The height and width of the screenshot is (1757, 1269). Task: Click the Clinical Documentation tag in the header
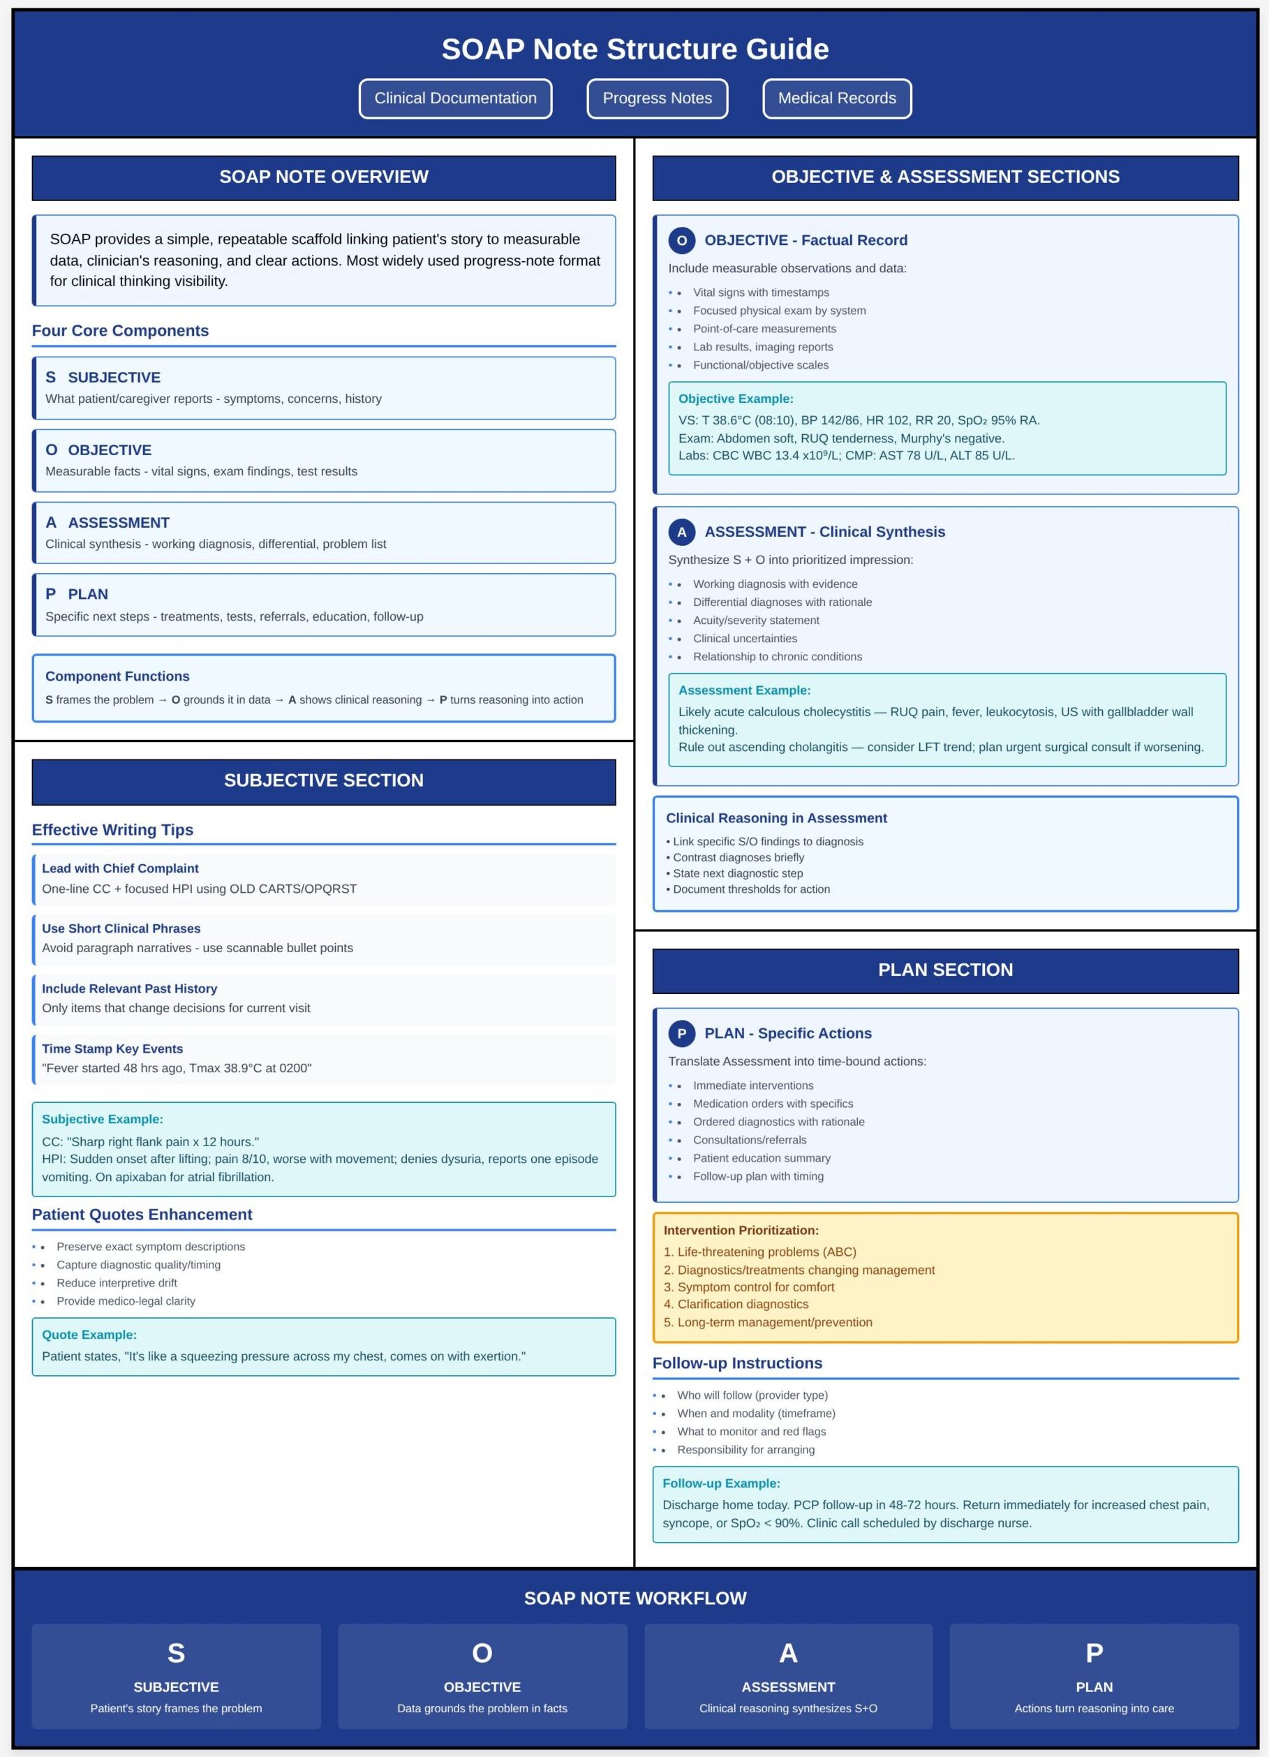(x=455, y=98)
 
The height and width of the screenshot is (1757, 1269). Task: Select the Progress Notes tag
(x=657, y=98)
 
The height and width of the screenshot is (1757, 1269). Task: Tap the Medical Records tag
(x=837, y=98)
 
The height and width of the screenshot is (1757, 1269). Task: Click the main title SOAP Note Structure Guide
(x=634, y=49)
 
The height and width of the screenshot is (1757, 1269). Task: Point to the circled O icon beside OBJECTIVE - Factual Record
(x=681, y=240)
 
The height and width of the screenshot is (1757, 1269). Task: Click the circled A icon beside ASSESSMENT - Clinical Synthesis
(x=681, y=531)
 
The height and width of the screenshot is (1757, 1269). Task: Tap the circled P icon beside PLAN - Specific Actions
(x=681, y=1032)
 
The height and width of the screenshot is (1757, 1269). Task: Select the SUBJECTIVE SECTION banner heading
(x=324, y=780)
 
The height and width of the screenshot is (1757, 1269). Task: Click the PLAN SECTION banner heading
(x=945, y=969)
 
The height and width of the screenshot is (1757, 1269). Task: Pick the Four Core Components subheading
(x=120, y=331)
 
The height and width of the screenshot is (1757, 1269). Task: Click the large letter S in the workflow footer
(x=176, y=1652)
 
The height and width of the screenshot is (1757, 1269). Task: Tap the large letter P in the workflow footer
(x=1094, y=1652)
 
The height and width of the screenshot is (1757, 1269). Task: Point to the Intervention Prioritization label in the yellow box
(x=741, y=1230)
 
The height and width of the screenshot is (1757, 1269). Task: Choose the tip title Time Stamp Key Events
(x=112, y=1048)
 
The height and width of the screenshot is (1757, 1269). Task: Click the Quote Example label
(x=89, y=1335)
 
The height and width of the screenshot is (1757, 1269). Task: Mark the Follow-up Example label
(x=720, y=1483)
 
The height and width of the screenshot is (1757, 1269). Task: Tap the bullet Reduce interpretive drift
(x=116, y=1283)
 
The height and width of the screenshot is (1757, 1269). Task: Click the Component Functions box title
(x=117, y=676)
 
